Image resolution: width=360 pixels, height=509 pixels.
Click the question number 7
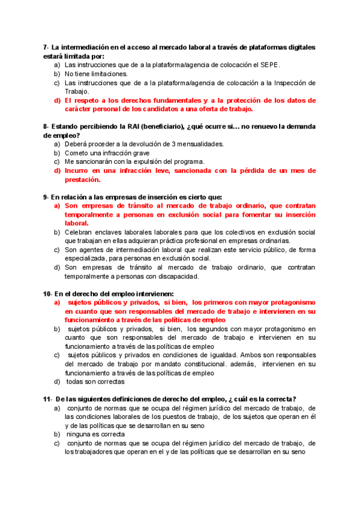(x=45, y=47)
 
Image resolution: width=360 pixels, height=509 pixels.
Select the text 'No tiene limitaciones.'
(x=96, y=74)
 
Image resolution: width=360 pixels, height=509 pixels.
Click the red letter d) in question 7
(x=57, y=100)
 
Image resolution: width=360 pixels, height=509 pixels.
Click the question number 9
(x=45, y=197)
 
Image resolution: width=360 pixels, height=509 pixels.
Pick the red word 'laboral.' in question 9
(x=76, y=223)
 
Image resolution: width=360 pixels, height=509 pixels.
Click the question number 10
(x=47, y=294)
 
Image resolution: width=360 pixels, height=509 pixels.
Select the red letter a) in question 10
(x=57, y=303)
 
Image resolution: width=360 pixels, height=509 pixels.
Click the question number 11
(x=47, y=400)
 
